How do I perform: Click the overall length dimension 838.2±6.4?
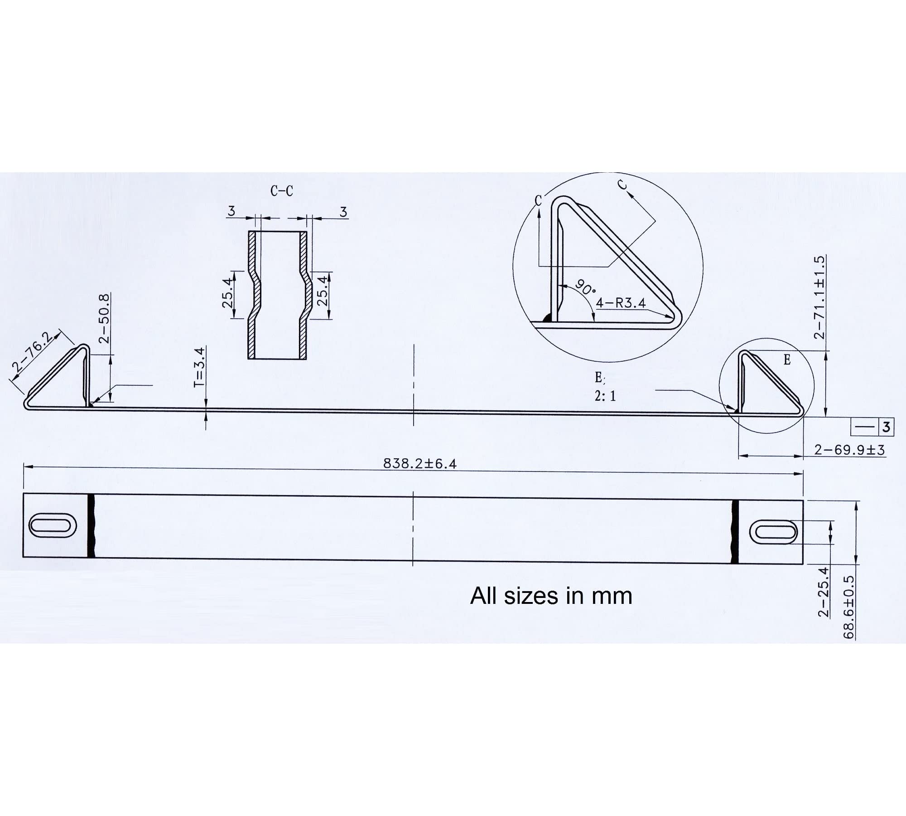[420, 463]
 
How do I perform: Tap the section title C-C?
[282, 191]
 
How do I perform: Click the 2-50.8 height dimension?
[104, 318]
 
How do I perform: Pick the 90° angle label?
[585, 287]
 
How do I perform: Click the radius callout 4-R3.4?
[621, 303]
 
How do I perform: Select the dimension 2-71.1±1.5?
[819, 297]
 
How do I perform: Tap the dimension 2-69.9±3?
[849, 450]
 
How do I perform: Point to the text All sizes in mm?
[551, 596]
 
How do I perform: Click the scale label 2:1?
[605, 396]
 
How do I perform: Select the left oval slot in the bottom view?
[53, 525]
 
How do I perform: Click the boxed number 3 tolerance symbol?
[886, 427]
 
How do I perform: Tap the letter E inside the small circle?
[787, 360]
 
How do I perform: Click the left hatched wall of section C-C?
[252, 295]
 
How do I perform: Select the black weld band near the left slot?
[91, 526]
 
